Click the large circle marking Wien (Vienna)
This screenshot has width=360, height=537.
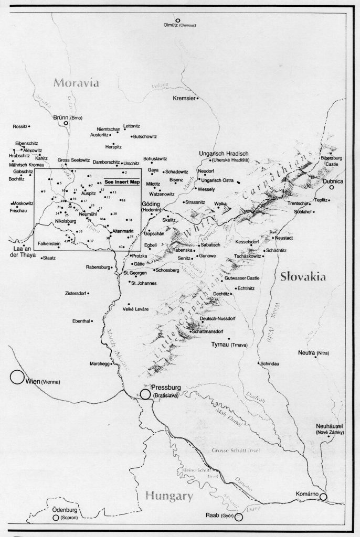(x=16, y=377)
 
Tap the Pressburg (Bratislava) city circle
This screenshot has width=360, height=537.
(x=144, y=394)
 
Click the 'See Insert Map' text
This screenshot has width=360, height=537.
(x=122, y=181)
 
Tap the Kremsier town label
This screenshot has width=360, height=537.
(x=184, y=98)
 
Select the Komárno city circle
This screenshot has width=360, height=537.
(x=324, y=496)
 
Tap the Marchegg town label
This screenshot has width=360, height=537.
(x=88, y=361)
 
